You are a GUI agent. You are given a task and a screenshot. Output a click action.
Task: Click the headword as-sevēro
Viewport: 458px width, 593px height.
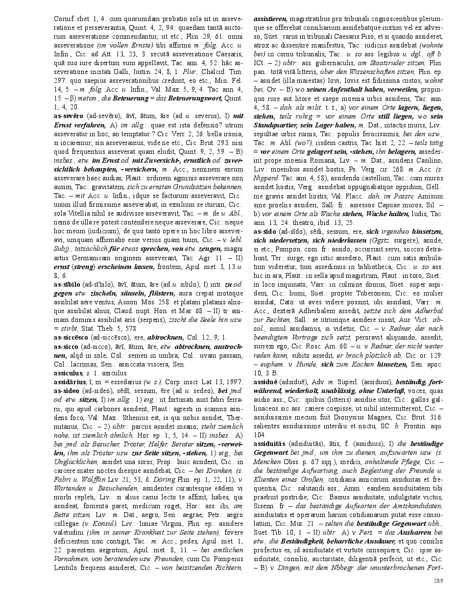[69, 117]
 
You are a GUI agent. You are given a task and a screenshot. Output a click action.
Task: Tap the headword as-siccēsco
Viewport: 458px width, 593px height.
[70, 337]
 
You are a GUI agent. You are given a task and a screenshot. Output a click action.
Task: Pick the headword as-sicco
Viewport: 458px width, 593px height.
[65, 346]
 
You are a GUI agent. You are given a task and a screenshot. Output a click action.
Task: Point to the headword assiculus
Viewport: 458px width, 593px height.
[68, 373]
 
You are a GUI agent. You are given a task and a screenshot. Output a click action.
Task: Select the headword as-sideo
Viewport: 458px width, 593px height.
[67, 391]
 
